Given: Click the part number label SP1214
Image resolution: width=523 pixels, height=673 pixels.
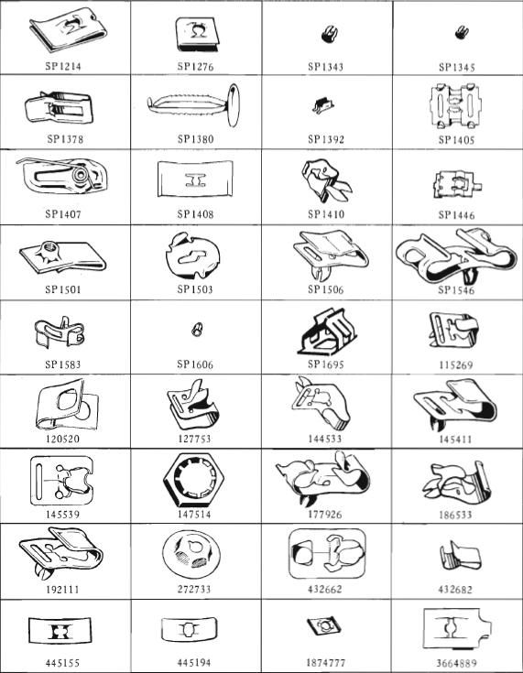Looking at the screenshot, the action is [x=62, y=67].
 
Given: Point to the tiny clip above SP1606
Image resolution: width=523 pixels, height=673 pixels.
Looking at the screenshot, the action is [x=197, y=330].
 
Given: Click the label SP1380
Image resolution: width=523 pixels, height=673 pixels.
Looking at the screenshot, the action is [x=195, y=139].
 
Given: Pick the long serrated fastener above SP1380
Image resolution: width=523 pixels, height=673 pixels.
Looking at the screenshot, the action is [x=194, y=104].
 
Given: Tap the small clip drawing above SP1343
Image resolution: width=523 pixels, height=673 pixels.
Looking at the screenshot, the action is [x=329, y=34].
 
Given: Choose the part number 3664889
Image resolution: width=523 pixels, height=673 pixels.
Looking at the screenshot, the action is [x=456, y=663].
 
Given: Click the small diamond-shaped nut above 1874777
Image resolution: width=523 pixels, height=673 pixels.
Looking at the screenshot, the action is [x=325, y=627].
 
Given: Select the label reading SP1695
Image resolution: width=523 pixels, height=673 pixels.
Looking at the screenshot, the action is [x=325, y=364].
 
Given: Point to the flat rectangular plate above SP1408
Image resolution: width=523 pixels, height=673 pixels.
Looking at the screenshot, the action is [x=195, y=179].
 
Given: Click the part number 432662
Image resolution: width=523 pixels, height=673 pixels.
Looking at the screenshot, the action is [x=325, y=590].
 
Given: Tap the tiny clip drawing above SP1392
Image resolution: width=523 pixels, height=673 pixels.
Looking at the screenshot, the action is [x=323, y=105].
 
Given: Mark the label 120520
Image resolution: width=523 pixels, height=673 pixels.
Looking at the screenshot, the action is [x=62, y=440].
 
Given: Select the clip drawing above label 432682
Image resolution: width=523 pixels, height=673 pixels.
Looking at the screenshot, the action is [x=460, y=557].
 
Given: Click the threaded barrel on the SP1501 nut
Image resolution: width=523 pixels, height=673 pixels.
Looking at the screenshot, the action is [x=47, y=249].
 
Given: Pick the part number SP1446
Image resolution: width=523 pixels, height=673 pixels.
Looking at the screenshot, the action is [x=456, y=214].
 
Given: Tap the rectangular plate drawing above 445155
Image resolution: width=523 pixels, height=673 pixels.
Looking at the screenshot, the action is [x=60, y=631].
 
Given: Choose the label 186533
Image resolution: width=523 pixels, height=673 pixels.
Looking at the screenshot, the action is [x=455, y=515].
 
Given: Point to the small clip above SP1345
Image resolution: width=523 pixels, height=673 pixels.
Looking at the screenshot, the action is [x=461, y=33].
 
